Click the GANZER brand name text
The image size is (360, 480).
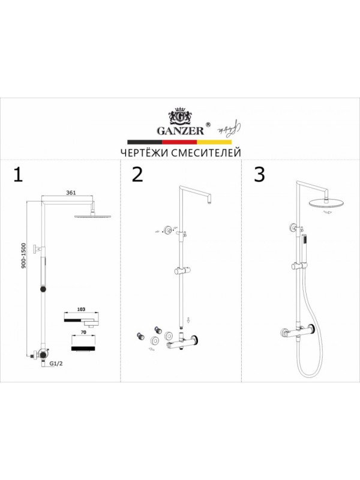(x=181, y=131)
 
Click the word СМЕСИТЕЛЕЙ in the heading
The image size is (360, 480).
(x=206, y=152)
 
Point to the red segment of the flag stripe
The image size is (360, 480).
(x=179, y=142)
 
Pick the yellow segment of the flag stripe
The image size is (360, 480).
(x=214, y=142)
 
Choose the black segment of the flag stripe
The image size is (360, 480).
(x=145, y=142)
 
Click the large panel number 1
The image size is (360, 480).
(x=18, y=175)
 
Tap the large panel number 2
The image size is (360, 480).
(x=137, y=175)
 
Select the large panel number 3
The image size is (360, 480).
(x=259, y=175)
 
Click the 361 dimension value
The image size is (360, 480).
(x=71, y=193)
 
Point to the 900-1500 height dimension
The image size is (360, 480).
(x=23, y=256)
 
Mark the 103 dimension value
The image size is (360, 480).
(x=81, y=309)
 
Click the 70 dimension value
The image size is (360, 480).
(x=83, y=332)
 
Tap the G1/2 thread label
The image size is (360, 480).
(x=56, y=364)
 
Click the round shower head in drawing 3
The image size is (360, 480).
(x=326, y=203)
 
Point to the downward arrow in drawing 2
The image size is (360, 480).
(x=189, y=320)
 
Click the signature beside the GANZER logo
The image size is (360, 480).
(x=229, y=128)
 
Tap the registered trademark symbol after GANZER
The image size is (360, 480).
(x=208, y=125)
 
